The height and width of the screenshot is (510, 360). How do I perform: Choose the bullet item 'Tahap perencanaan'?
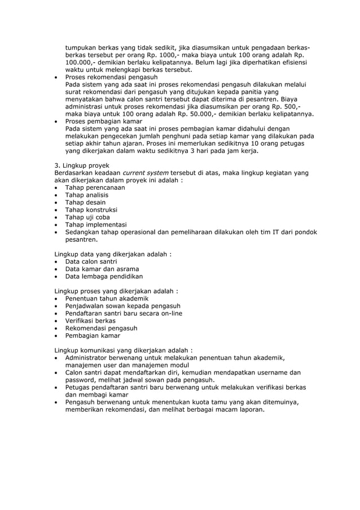(x=95, y=188)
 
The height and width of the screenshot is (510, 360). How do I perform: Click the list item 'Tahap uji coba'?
(x=87, y=217)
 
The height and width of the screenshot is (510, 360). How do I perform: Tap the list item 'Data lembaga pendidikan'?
(x=104, y=276)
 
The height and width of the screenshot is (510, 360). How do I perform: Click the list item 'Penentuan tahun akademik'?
(x=107, y=298)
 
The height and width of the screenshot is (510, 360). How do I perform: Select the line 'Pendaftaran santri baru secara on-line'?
(x=124, y=313)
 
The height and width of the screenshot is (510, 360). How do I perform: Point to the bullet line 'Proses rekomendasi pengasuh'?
(x=111, y=77)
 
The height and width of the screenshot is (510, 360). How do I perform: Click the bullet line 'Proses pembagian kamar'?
(x=103, y=121)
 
